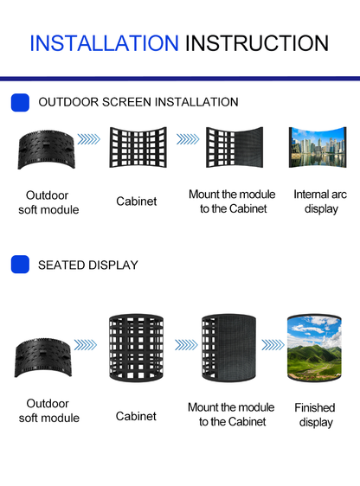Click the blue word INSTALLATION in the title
click(x=104, y=43)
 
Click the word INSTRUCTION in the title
click(x=257, y=43)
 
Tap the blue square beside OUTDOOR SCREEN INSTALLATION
click(x=20, y=102)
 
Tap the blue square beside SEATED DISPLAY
click(x=20, y=265)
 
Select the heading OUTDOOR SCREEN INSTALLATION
click(x=138, y=102)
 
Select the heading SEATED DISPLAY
click(x=88, y=265)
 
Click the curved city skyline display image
click(x=317, y=148)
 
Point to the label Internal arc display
click(x=320, y=201)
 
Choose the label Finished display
click(x=316, y=414)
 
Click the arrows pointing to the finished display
click(x=273, y=344)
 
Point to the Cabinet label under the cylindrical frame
click(x=136, y=416)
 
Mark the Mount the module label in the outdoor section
click(x=231, y=201)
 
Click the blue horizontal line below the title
click(x=180, y=78)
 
